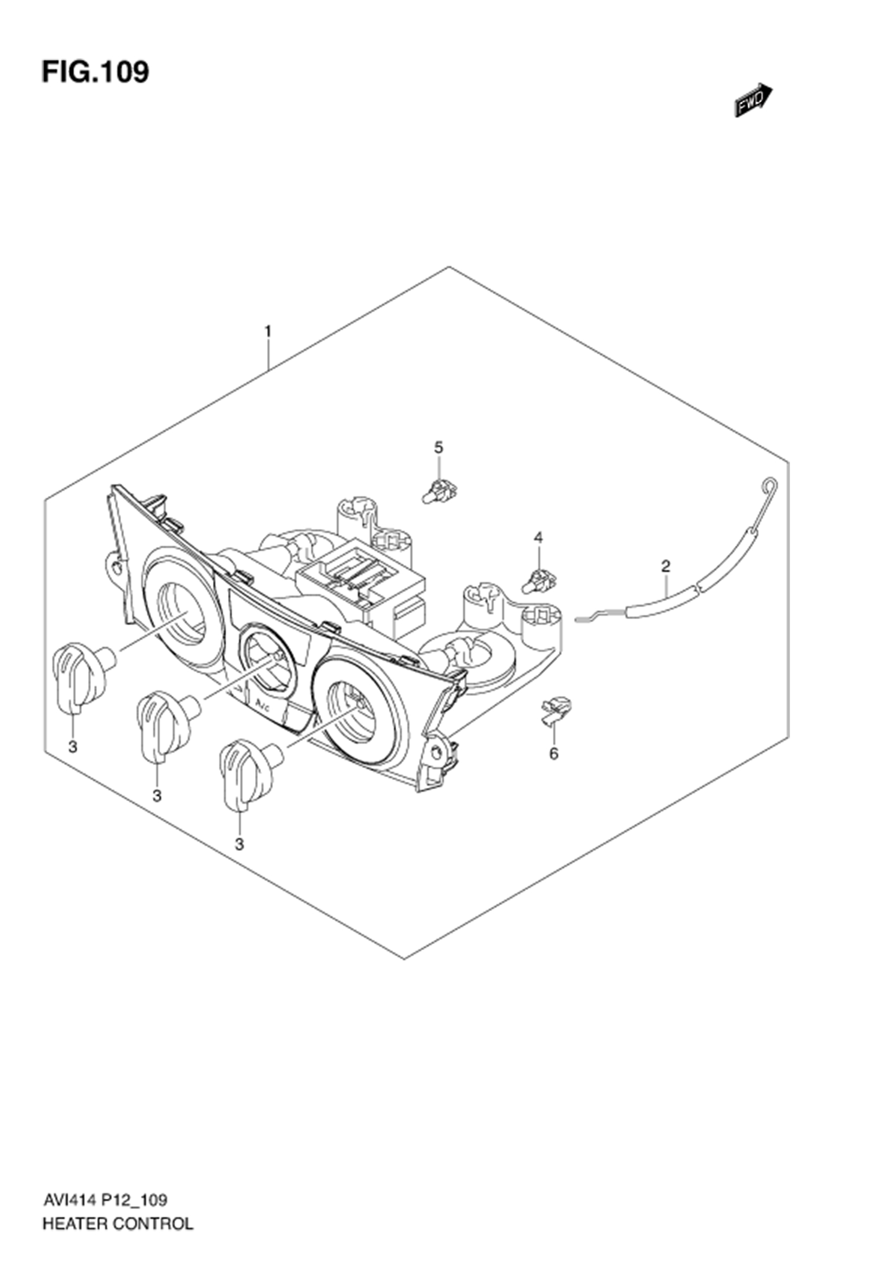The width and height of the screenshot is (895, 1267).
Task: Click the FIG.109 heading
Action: point(95,72)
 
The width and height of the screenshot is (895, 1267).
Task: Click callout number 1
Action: point(268,331)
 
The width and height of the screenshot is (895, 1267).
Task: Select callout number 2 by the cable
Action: point(665,566)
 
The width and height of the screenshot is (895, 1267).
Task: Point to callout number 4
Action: point(538,536)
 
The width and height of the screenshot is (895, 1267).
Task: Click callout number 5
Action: point(439,447)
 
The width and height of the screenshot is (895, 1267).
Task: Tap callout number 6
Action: point(554,753)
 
